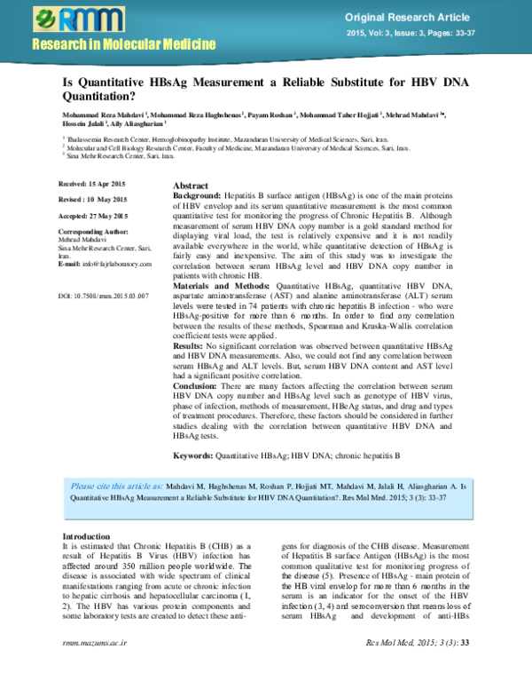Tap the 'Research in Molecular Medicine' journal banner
click(124, 44)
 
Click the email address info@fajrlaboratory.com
click(105, 265)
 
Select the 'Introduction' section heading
click(87, 536)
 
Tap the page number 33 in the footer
click(465, 666)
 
